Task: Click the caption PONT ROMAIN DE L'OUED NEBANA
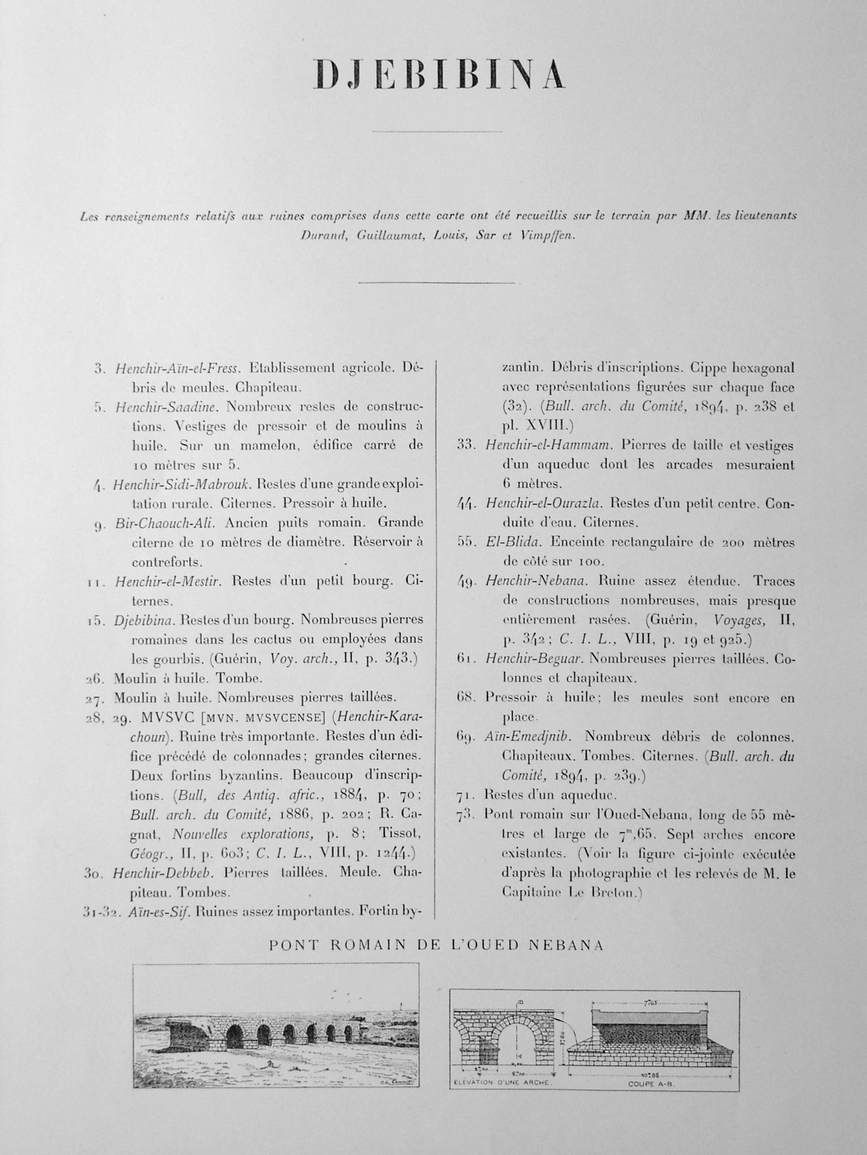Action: click(436, 946)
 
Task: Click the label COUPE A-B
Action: click(646, 1083)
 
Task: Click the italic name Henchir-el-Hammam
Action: click(545, 445)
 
